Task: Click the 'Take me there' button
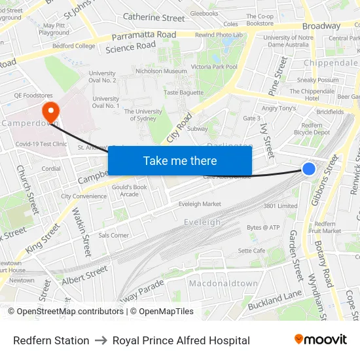pyautogui.click(x=180, y=160)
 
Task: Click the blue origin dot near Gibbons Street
pyautogui.click(x=309, y=169)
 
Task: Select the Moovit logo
pyautogui.click(x=321, y=340)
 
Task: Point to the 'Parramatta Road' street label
pyautogui.click(x=143, y=35)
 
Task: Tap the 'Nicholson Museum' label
pyautogui.click(x=161, y=71)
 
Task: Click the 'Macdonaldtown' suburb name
pyautogui.click(x=223, y=283)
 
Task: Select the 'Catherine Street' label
pyautogui.click(x=154, y=18)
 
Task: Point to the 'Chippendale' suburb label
pyautogui.click(x=331, y=63)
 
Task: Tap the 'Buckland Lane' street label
pyautogui.click(x=274, y=300)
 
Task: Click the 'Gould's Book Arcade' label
pyautogui.click(x=129, y=190)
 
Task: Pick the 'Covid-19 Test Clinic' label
pyautogui.click(x=41, y=144)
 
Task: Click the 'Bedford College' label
pyautogui.click(x=73, y=46)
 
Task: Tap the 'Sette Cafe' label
pyautogui.click(x=251, y=251)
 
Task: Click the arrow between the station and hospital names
pyautogui.click(x=101, y=340)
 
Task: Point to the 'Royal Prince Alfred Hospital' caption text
pyautogui.click(x=181, y=340)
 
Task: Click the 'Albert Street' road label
pyautogui.click(x=85, y=274)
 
